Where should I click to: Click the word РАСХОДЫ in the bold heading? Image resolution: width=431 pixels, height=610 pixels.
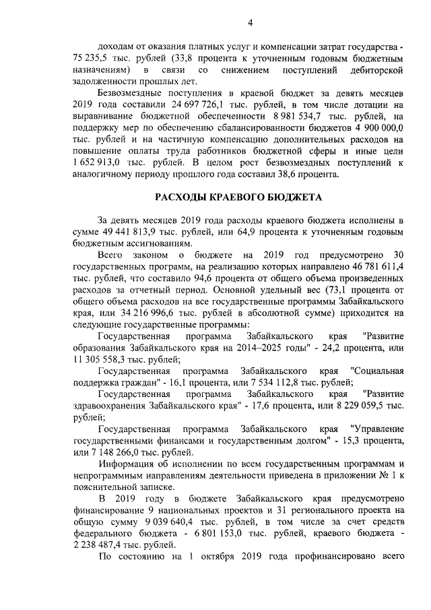click(184, 197)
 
